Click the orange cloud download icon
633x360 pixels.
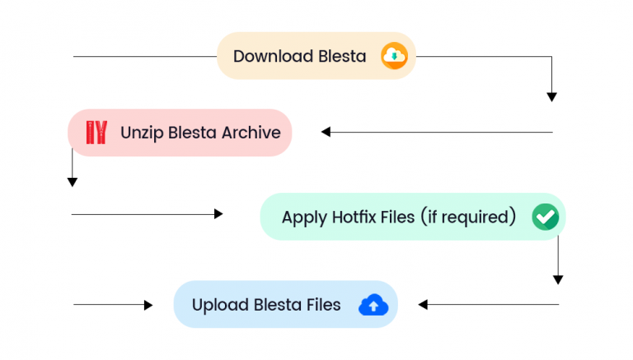[x=394, y=56]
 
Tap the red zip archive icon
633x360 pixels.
[x=96, y=132]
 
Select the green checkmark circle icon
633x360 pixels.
[x=545, y=217]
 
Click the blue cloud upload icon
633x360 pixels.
[x=373, y=305]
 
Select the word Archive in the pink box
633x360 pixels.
[x=246, y=132]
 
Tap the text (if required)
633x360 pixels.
[x=467, y=217]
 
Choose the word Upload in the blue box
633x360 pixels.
[x=218, y=305]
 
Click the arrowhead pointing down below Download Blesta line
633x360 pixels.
[x=552, y=97]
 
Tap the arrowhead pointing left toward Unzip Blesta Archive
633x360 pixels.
[x=326, y=132]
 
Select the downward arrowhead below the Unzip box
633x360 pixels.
[x=73, y=181]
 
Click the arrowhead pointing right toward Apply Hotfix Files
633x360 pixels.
[x=218, y=214]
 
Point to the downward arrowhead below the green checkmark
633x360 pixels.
[x=558, y=279]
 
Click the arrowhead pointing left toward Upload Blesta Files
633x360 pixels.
[x=423, y=305]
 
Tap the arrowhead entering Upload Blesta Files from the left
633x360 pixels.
[x=148, y=305]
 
